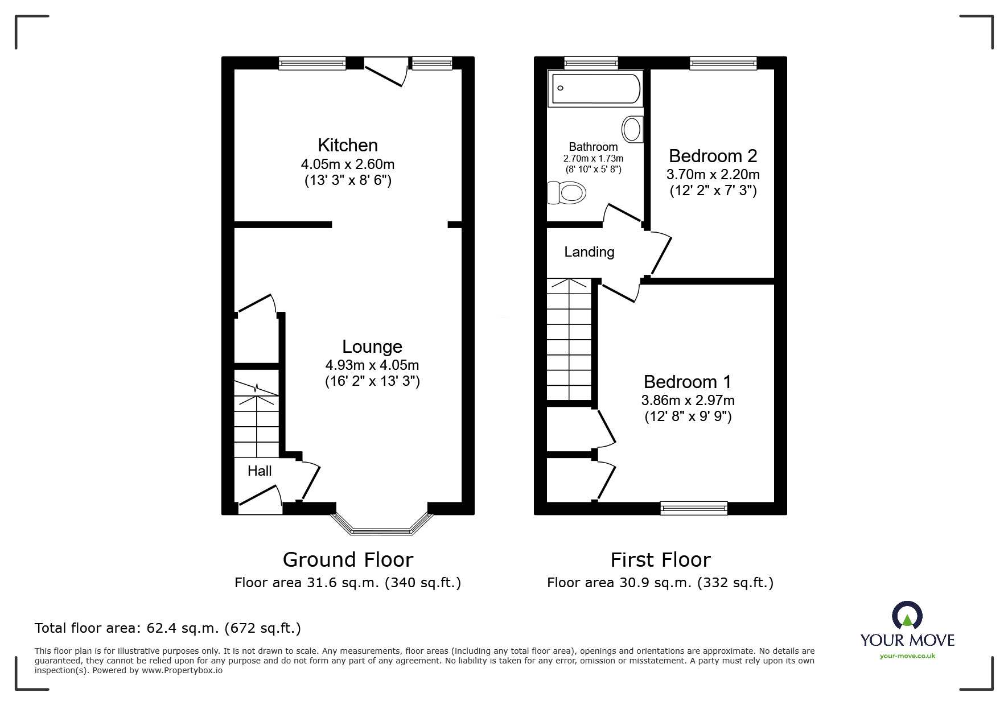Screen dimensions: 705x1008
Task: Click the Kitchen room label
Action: tap(347, 145)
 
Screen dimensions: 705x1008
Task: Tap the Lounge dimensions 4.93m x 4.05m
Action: tap(372, 365)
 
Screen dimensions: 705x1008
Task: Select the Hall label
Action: tap(260, 471)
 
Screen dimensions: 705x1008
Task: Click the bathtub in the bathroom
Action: tap(595, 89)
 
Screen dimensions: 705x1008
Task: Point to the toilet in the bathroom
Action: tap(567, 192)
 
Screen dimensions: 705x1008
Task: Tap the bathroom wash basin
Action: tap(632, 129)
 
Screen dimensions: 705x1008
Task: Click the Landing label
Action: tap(589, 252)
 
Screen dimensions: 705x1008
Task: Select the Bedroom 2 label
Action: tap(713, 156)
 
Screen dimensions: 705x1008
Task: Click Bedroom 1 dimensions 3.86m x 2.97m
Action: tap(688, 400)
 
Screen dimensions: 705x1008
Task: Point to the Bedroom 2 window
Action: tap(723, 63)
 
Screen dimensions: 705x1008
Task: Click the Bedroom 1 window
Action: tap(693, 508)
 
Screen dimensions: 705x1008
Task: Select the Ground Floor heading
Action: tap(348, 560)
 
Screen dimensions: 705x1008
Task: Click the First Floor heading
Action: tap(660, 560)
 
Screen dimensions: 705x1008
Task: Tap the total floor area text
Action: tap(168, 628)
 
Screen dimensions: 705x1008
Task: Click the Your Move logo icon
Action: tap(907, 616)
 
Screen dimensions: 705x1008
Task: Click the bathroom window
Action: tap(591, 63)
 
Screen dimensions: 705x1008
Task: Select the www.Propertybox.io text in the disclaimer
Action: tap(182, 670)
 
